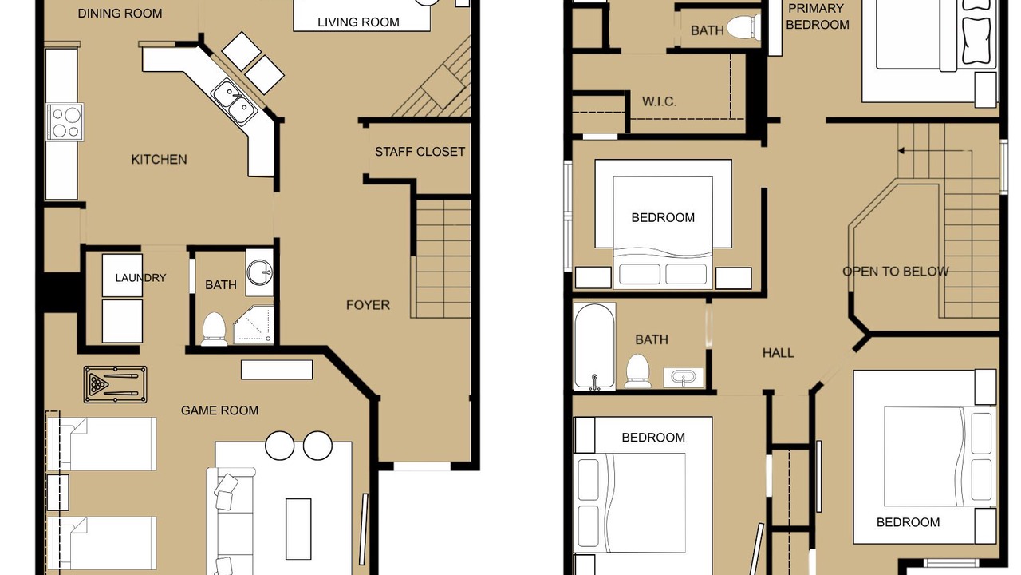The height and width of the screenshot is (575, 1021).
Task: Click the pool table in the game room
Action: coord(116,384)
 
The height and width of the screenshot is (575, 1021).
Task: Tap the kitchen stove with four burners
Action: coord(65,122)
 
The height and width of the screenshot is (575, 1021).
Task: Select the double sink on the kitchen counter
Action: coord(235,101)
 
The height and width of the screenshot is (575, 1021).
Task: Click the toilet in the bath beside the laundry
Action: coord(214,328)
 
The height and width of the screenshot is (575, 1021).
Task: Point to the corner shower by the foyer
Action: coord(254,324)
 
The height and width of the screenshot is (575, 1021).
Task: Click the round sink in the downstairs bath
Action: coord(259,272)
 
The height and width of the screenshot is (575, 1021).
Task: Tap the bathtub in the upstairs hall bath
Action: coord(594,347)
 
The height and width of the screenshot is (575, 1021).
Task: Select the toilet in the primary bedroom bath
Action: coord(743,26)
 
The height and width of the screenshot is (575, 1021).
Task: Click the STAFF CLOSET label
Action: coord(420,152)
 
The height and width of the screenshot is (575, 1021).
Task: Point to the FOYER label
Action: coord(368,305)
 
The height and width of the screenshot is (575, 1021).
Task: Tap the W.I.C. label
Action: coord(659,101)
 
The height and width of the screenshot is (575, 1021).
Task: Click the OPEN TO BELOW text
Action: coord(895,272)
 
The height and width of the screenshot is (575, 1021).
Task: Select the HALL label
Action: coord(778,353)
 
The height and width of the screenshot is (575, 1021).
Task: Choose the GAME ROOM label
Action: coord(219,410)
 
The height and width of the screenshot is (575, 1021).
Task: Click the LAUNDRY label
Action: coord(140,277)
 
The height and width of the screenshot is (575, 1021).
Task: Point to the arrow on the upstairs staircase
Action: coord(934,151)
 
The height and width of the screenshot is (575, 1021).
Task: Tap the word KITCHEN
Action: coord(159,159)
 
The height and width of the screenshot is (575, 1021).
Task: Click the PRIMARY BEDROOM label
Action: coord(818,17)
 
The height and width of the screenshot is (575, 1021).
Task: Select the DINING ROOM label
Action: coord(120,14)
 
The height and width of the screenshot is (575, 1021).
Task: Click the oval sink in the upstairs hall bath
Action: coord(683,378)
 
